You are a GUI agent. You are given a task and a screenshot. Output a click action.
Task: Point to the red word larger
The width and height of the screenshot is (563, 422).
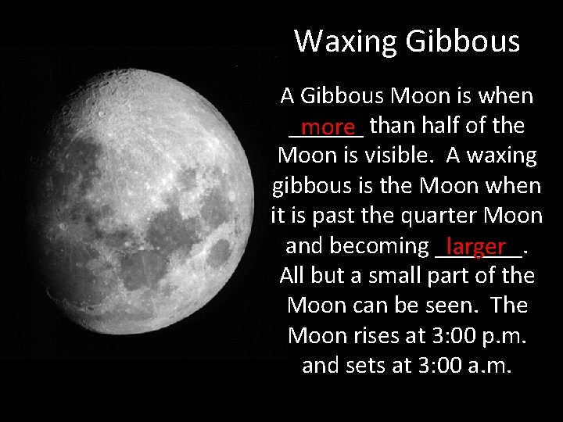(478, 247)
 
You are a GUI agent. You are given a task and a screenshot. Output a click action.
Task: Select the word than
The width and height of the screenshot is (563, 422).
(393, 125)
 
